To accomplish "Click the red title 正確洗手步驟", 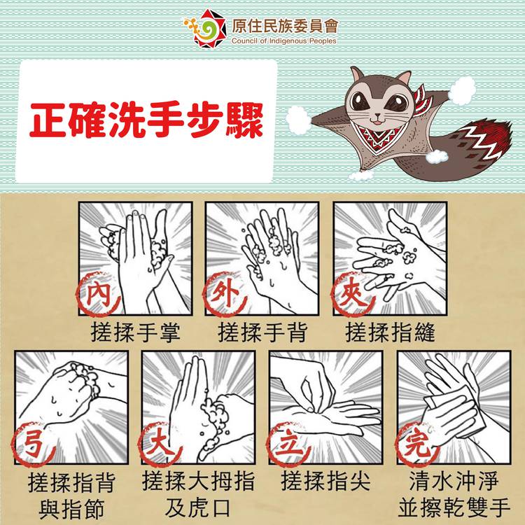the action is click(146, 120).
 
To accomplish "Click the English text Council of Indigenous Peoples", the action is click(284, 41).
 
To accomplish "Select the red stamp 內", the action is click(98, 294).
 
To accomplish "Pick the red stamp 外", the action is click(225, 294).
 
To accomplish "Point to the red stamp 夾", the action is click(353, 294).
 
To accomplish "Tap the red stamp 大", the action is click(160, 444).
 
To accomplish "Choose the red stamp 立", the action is click(288, 444).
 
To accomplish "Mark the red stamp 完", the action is click(417, 444).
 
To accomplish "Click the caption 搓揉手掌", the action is click(135, 332).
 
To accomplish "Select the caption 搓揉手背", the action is click(262, 332).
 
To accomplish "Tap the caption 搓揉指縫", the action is click(390, 332).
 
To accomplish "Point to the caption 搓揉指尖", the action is click(325, 481).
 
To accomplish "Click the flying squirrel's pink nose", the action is click(377, 115).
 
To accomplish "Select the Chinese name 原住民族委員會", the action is click(285, 26).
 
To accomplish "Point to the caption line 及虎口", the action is click(197, 508).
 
